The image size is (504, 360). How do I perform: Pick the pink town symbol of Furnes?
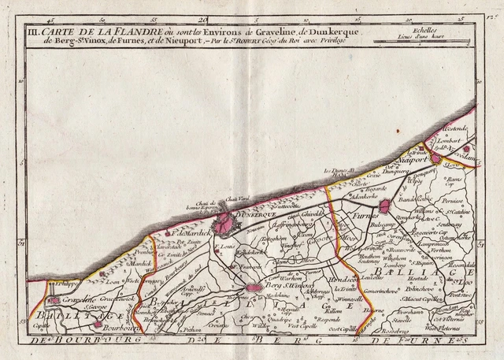pos(384,206)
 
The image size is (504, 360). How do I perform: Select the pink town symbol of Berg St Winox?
pos(253,289)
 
